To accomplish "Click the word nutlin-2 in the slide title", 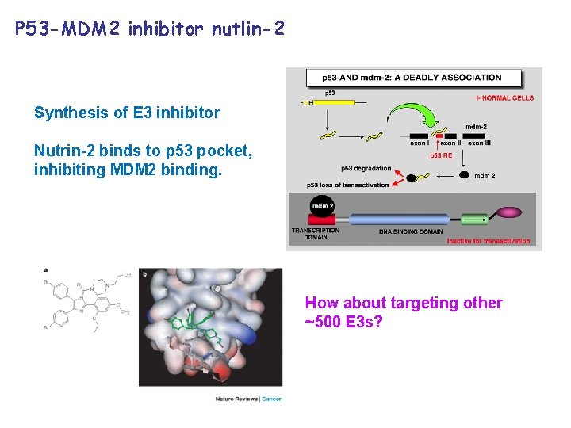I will [x=246, y=30].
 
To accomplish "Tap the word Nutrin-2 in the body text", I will [x=62, y=151].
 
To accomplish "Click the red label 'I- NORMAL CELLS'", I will [x=505, y=98].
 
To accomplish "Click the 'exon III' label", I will [x=480, y=143].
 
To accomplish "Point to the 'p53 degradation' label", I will [x=366, y=168].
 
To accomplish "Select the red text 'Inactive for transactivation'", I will [x=488, y=241].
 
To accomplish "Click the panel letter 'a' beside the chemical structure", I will [x=46, y=269].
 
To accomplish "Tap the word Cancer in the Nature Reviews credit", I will [x=272, y=399].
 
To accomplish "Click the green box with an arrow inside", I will [x=474, y=219].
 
